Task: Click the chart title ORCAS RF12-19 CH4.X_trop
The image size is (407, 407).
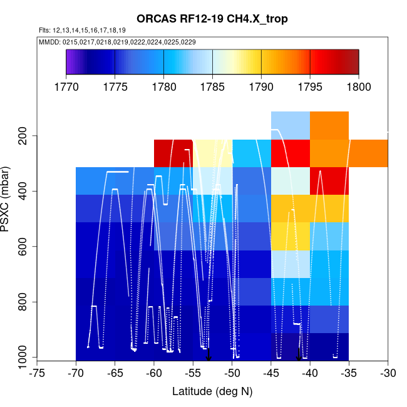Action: coord(212,19)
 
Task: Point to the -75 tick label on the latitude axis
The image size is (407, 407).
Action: coord(37,374)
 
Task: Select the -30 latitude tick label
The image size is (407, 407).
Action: coord(388,374)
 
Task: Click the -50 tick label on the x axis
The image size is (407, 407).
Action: coord(232,374)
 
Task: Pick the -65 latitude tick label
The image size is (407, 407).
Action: coord(115,374)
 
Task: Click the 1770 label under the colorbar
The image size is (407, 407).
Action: coord(66,86)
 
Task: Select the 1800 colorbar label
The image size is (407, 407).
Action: coord(359,86)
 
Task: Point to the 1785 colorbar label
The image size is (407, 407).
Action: coord(212,86)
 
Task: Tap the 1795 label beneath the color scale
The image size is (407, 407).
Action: coord(310,86)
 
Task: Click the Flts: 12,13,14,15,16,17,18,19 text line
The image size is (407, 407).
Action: coord(82,30)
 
